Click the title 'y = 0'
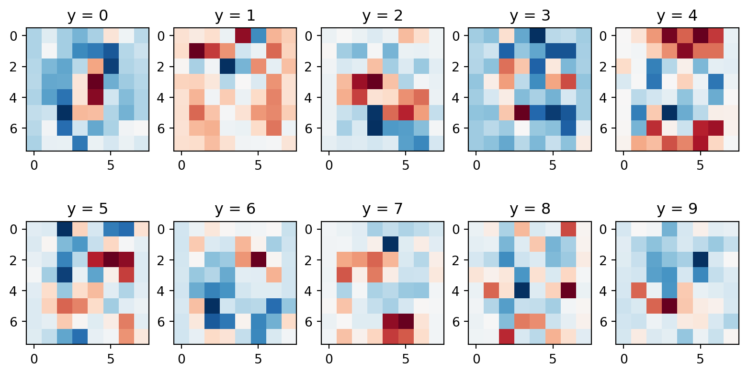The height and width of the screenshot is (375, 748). tap(87, 15)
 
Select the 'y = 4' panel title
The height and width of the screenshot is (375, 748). tap(677, 15)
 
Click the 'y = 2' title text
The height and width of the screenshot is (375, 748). tap(382, 15)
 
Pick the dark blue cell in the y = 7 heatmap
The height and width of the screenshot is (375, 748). tap(390, 244)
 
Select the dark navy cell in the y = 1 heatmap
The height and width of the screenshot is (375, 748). tap(227, 67)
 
